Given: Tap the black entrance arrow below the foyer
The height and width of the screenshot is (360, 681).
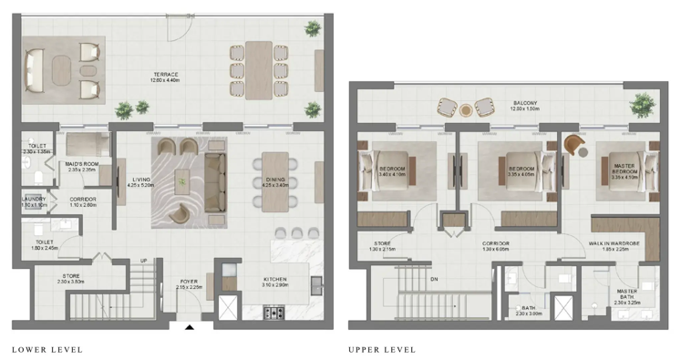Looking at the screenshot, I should pyautogui.click(x=190, y=326).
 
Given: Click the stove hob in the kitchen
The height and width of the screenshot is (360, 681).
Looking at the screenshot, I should pyautogui.click(x=273, y=313).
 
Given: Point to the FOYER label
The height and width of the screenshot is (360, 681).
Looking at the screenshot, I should pyautogui.click(x=189, y=283).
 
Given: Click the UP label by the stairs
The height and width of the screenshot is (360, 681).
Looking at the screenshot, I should pyautogui.click(x=142, y=261).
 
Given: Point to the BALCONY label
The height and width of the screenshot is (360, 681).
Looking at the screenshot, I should pyautogui.click(x=525, y=105).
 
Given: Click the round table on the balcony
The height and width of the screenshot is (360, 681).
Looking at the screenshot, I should pyautogui.click(x=465, y=110).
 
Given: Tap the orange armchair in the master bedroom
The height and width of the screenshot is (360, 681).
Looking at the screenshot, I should pyautogui.click(x=574, y=145).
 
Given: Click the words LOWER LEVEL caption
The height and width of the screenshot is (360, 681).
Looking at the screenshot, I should pyautogui.click(x=46, y=349).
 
